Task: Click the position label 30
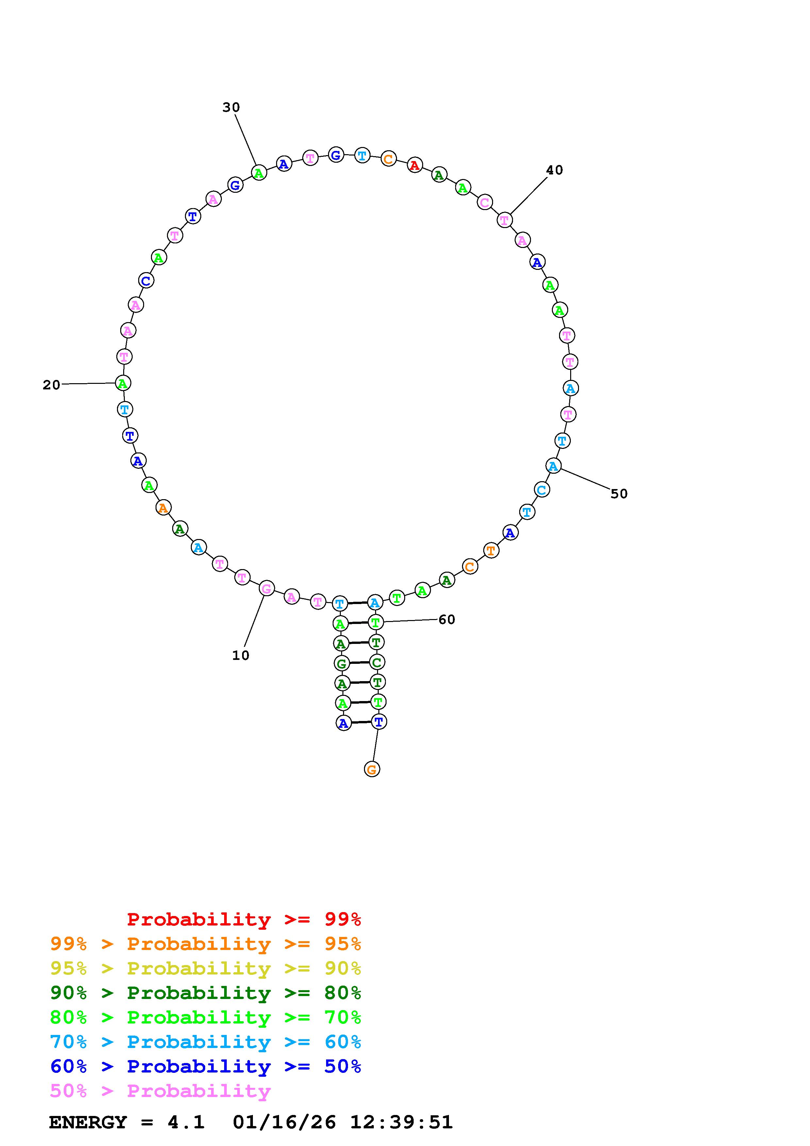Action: click(x=231, y=107)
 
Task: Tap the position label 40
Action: click(x=554, y=170)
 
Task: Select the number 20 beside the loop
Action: click(x=51, y=385)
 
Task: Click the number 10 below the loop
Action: click(x=240, y=655)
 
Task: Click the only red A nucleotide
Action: click(x=415, y=165)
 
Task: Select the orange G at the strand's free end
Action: click(x=372, y=769)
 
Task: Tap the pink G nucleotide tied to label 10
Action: click(x=267, y=589)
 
